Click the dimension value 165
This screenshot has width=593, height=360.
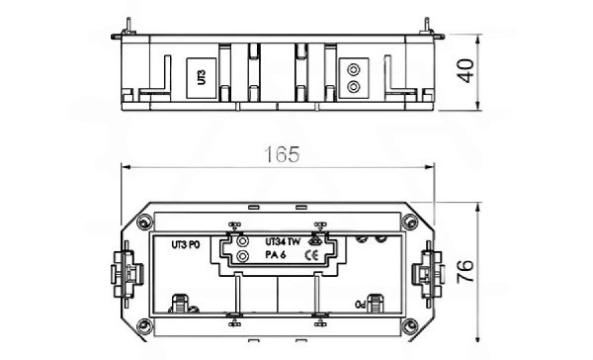pos(282,155)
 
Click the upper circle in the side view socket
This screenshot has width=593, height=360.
pos(351,69)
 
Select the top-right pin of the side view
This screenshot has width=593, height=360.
pos(427,21)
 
